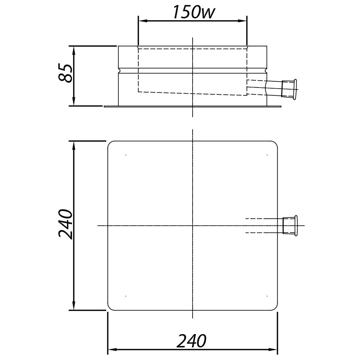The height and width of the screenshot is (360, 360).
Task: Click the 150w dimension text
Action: click(x=193, y=12)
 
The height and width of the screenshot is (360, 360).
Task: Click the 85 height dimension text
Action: click(x=66, y=73)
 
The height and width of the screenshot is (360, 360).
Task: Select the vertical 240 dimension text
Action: click(x=66, y=224)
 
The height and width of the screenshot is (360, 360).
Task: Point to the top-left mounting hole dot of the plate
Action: click(x=126, y=155)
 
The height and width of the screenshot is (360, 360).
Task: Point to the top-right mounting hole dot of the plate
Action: click(x=267, y=155)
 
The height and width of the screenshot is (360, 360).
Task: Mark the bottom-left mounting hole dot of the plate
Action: click(x=126, y=296)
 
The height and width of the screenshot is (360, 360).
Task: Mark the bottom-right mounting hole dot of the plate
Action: click(x=267, y=296)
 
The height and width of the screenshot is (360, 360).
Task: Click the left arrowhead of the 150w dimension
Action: click(x=143, y=21)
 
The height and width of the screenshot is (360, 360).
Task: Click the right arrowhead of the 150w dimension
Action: click(x=243, y=21)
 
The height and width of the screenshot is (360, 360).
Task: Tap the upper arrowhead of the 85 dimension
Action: click(x=74, y=50)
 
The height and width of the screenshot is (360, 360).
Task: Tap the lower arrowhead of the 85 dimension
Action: click(x=74, y=102)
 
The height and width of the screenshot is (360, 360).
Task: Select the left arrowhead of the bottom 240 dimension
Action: click(x=112, y=349)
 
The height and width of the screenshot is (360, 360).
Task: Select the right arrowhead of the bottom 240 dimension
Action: click(x=273, y=349)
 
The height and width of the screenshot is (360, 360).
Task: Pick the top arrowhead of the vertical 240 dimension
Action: click(x=74, y=145)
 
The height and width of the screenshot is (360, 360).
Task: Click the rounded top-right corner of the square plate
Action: click(x=275, y=143)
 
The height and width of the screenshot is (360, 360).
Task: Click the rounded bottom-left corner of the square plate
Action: click(x=110, y=308)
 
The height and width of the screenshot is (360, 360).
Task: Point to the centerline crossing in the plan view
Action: click(x=193, y=226)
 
